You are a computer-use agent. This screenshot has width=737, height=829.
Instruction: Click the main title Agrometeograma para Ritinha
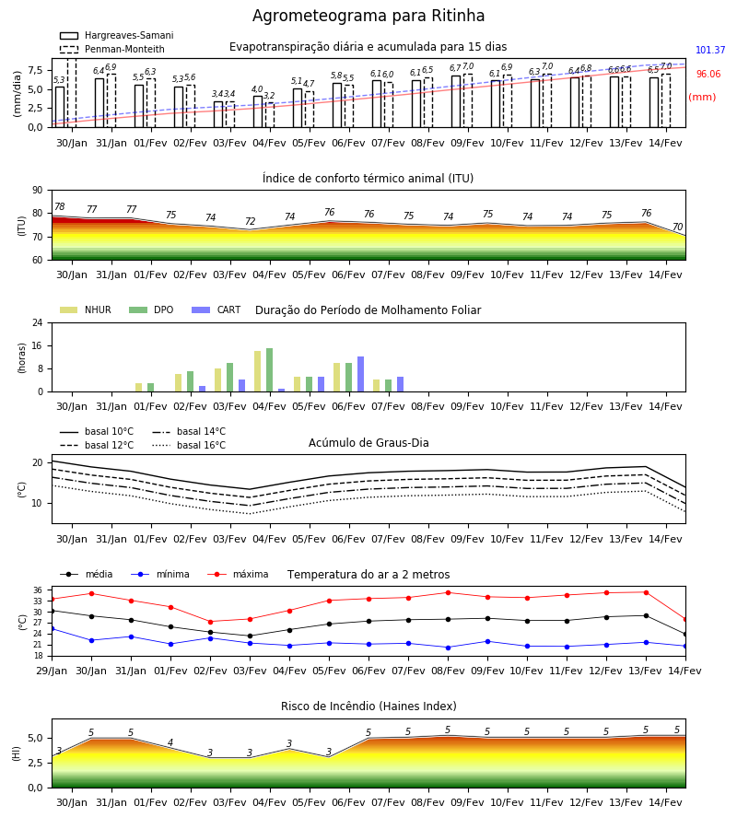point(368,16)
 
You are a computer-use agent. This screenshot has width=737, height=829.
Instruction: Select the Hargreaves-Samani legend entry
point(116,35)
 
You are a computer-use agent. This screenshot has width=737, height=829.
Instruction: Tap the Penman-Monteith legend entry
point(112,49)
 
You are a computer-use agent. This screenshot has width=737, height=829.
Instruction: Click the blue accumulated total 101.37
point(710,51)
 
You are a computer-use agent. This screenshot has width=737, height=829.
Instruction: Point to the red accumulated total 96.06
point(708,74)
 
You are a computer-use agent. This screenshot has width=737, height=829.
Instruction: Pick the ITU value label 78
point(60,206)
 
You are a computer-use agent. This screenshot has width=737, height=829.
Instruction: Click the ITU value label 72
point(250,221)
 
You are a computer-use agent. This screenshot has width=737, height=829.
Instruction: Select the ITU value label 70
point(677,227)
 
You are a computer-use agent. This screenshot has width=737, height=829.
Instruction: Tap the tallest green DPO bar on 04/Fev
point(270,370)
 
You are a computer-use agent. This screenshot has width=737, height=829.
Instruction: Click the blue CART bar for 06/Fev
point(360,374)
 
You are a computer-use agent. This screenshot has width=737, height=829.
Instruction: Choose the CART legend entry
point(216,309)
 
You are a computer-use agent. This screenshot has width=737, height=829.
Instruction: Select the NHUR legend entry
point(86,309)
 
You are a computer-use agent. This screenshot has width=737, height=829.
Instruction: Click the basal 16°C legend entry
point(189,445)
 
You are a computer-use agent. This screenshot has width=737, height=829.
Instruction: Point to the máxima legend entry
point(238,574)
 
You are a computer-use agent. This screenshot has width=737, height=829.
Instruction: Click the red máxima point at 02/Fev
point(210,622)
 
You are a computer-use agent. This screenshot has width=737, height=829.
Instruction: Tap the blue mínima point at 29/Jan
point(53,628)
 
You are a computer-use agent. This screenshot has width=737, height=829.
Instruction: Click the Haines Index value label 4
point(170,742)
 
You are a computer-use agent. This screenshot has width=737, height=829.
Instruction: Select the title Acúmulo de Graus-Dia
point(368,443)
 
